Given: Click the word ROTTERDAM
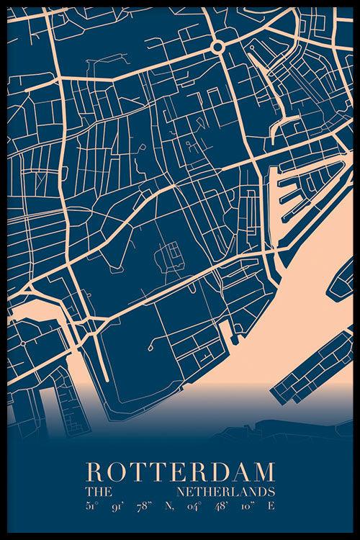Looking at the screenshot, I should [180, 474].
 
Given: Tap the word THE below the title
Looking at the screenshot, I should [96, 492].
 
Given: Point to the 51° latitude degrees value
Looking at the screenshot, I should [91, 506].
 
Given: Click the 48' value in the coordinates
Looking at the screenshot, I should [222, 506].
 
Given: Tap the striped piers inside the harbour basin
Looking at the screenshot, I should [291, 194].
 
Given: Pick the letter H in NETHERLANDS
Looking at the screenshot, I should [206, 492].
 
